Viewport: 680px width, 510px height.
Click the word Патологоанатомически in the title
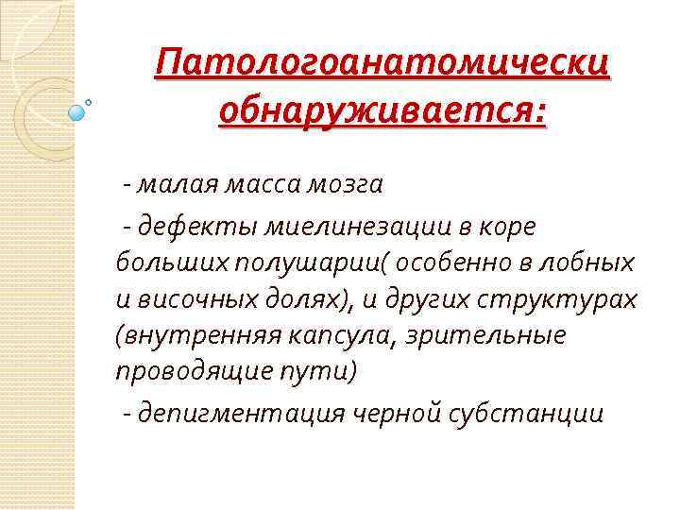(x=383, y=66)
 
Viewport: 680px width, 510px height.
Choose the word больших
(x=162, y=263)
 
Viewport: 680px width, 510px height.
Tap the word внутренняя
(x=184, y=335)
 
